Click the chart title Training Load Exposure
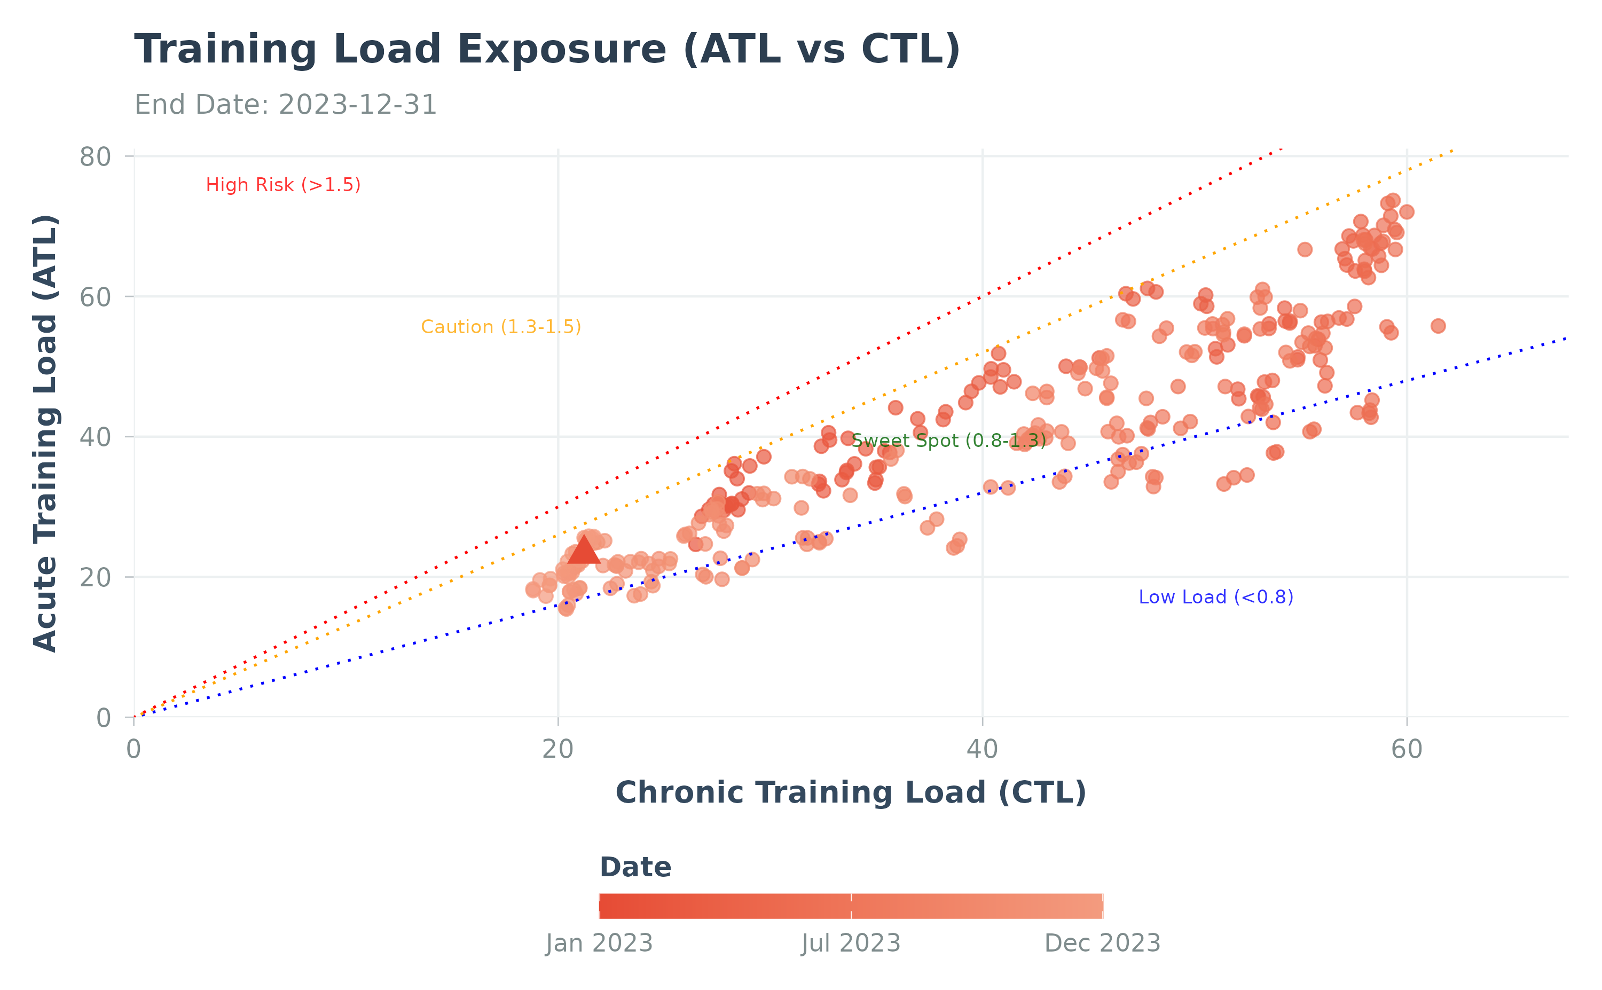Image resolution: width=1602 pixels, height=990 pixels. click(547, 50)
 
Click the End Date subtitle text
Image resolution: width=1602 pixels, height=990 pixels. click(286, 105)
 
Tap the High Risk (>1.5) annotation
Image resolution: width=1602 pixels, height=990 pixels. click(283, 185)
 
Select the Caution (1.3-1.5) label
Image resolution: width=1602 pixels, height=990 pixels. click(501, 327)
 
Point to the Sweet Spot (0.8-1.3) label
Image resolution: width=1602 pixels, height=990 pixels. click(948, 441)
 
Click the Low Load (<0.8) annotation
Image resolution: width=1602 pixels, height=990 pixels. click(1216, 597)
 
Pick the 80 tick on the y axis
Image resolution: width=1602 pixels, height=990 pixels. click(95, 157)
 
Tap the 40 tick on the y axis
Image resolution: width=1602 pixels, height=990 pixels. click(95, 437)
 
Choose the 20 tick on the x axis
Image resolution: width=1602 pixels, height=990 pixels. click(558, 750)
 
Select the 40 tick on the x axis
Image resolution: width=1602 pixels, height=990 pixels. click(982, 750)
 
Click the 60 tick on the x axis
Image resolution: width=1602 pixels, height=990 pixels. click(1406, 750)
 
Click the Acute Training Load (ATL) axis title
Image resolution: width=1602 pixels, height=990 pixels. click(46, 434)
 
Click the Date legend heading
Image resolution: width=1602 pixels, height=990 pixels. click(635, 868)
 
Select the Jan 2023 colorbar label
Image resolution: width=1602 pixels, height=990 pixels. click(599, 944)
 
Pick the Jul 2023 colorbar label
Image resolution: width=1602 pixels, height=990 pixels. click(851, 944)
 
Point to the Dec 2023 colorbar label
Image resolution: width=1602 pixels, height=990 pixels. click(1102, 944)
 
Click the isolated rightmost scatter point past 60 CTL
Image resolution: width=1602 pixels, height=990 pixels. click(1438, 326)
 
